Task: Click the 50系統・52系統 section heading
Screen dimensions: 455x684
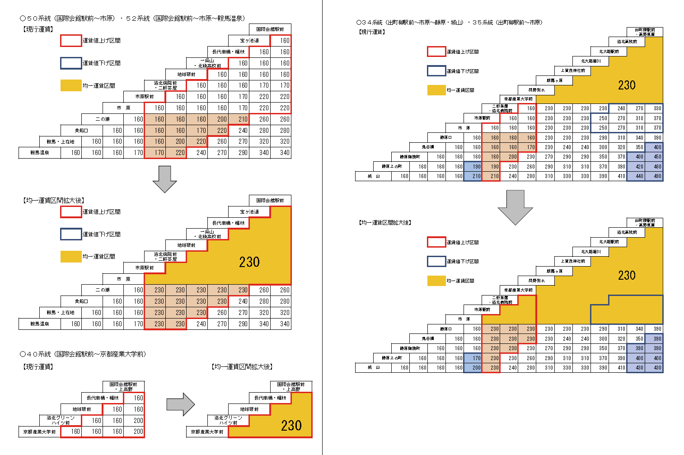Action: point(133,19)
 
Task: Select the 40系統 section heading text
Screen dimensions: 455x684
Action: point(83,354)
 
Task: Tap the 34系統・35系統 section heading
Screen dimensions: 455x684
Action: point(449,22)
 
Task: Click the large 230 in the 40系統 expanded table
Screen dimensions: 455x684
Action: point(291,426)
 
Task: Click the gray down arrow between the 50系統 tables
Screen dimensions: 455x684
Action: point(164,179)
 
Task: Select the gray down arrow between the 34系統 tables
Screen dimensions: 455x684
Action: point(515,207)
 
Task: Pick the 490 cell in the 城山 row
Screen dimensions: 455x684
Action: point(654,176)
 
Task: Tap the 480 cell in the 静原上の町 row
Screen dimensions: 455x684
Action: point(654,167)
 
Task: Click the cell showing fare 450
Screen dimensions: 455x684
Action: point(654,157)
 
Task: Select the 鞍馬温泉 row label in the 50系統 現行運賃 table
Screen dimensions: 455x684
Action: point(40,153)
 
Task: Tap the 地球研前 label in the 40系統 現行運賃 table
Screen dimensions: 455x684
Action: point(82,409)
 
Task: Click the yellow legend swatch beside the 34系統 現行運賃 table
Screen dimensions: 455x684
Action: point(436,90)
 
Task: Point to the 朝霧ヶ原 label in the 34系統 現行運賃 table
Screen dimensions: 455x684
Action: point(554,80)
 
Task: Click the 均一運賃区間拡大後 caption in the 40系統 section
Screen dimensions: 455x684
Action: point(242,367)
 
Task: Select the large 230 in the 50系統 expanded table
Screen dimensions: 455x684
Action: point(249,262)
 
